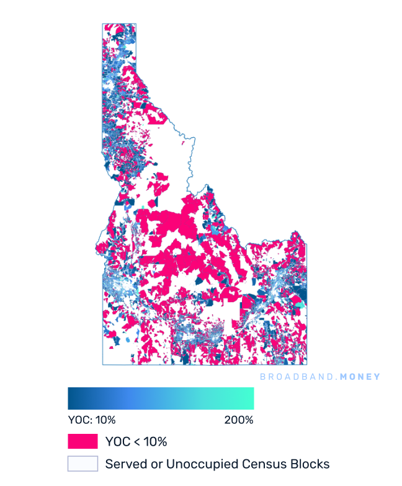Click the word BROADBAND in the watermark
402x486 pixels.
tap(294, 377)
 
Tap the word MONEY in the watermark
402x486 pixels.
tap(360, 377)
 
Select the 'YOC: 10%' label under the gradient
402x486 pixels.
tap(91, 420)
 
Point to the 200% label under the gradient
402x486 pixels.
tap(238, 420)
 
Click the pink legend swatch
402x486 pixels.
tap(83, 441)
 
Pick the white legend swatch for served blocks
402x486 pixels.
tap(83, 464)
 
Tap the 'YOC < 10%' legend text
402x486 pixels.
tap(136, 442)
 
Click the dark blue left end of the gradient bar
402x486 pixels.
tap(71, 398)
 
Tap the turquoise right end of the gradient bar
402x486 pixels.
tap(251, 398)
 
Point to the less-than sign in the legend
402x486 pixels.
tap(133, 442)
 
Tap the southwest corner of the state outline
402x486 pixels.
tap(103, 364)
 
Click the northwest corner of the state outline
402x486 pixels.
tap(103, 24)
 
